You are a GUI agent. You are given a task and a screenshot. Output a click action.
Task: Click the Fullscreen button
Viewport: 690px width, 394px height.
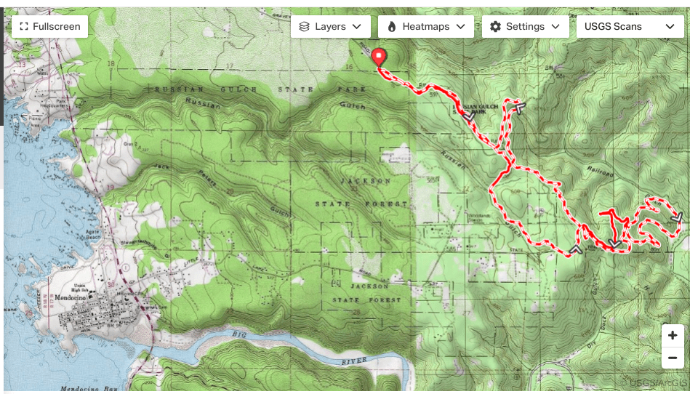(x=50, y=26)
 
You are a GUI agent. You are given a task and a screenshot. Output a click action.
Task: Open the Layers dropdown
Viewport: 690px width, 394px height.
(x=331, y=26)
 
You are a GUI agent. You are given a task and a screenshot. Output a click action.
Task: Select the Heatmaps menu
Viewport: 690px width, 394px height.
(x=426, y=26)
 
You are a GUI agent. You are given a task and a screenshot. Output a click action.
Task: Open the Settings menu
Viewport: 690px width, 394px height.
(x=525, y=26)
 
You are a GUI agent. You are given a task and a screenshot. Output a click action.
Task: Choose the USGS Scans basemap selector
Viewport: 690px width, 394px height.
(x=629, y=26)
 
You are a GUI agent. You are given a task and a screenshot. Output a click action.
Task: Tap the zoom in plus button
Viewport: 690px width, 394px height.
(x=673, y=336)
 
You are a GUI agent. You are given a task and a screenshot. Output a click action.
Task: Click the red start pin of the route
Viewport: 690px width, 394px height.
(x=379, y=57)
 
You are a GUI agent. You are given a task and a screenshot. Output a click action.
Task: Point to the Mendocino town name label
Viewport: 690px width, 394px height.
(x=71, y=298)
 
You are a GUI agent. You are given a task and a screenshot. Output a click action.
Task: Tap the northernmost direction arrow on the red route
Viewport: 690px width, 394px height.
(x=518, y=107)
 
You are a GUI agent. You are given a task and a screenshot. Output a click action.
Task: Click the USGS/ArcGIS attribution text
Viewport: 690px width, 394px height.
(x=657, y=383)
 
